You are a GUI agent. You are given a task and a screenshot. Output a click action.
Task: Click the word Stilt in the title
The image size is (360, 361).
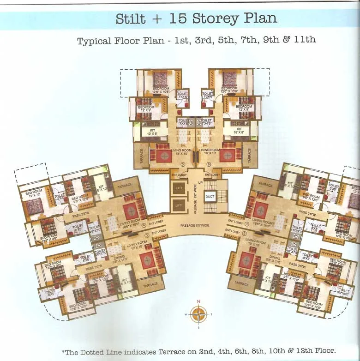[131, 18]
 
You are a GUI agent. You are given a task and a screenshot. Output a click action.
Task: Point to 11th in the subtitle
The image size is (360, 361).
[305, 40]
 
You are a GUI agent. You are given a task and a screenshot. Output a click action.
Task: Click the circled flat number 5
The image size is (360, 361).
[183, 165]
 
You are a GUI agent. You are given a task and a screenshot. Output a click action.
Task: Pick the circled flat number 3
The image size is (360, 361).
[147, 235]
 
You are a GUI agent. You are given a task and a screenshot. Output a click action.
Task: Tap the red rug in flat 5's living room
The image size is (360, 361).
[164, 156]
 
